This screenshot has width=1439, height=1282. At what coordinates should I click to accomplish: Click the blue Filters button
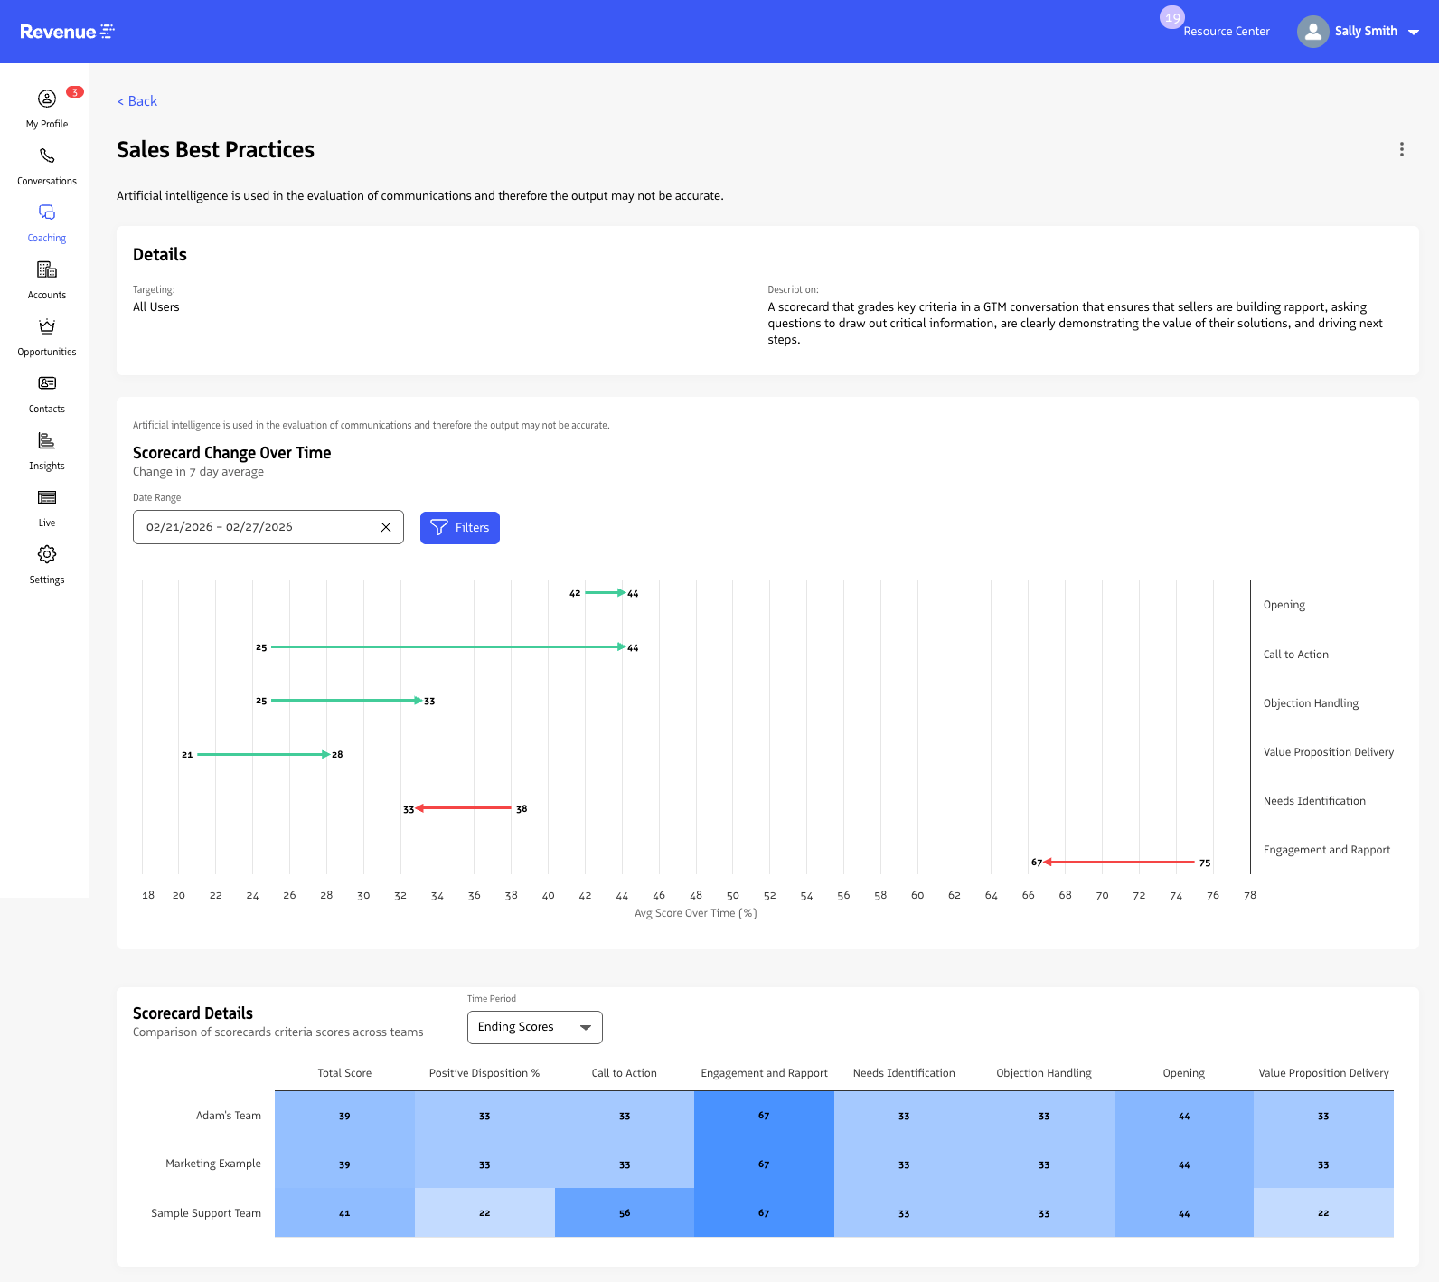tap(459, 527)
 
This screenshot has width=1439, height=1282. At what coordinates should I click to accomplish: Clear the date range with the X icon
tap(386, 527)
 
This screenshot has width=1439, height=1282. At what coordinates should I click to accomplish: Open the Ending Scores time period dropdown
tap(534, 1027)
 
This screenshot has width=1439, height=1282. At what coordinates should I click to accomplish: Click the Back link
tap(137, 101)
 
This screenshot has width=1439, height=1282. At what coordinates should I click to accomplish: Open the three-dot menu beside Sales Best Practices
tap(1401, 149)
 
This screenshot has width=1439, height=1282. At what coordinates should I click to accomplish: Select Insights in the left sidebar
tap(47, 450)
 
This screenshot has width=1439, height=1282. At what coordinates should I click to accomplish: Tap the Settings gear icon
tap(47, 554)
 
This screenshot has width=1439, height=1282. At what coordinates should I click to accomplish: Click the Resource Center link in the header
tap(1226, 31)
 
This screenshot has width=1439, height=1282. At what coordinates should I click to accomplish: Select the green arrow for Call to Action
tap(447, 647)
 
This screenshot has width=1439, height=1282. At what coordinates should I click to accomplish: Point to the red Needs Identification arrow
tap(463, 808)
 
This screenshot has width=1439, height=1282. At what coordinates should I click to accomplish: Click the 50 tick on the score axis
tap(733, 895)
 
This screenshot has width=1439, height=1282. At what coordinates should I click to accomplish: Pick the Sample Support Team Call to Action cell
tap(625, 1212)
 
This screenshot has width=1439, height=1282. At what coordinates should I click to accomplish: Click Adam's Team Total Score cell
tap(344, 1116)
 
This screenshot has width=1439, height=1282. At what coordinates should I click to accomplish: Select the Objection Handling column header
tap(1043, 1073)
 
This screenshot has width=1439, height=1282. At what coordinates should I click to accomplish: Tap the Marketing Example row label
tap(213, 1164)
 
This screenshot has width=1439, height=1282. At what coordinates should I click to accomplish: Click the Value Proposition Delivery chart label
tap(1328, 752)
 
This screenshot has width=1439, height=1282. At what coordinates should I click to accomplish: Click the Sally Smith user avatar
tap(1312, 32)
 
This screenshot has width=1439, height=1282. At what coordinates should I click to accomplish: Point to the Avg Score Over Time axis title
tap(695, 913)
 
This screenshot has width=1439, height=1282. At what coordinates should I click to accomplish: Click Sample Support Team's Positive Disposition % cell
tap(484, 1212)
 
